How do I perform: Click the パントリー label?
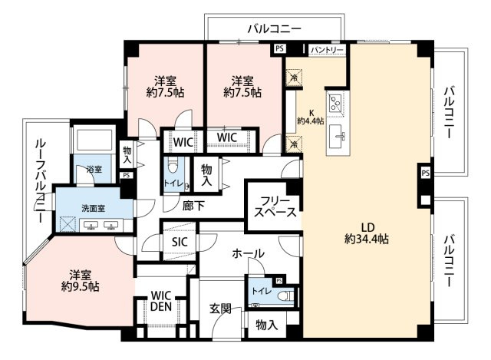click(328, 50)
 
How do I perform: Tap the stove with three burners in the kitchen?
click(335, 102)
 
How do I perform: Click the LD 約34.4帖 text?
click(368, 233)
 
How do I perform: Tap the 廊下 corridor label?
click(194, 206)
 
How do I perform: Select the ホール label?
click(248, 253)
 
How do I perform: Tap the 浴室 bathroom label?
click(94, 169)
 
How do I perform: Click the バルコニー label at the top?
click(274, 28)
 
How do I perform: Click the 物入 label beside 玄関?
click(266, 325)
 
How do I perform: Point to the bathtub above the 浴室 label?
click(94, 141)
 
